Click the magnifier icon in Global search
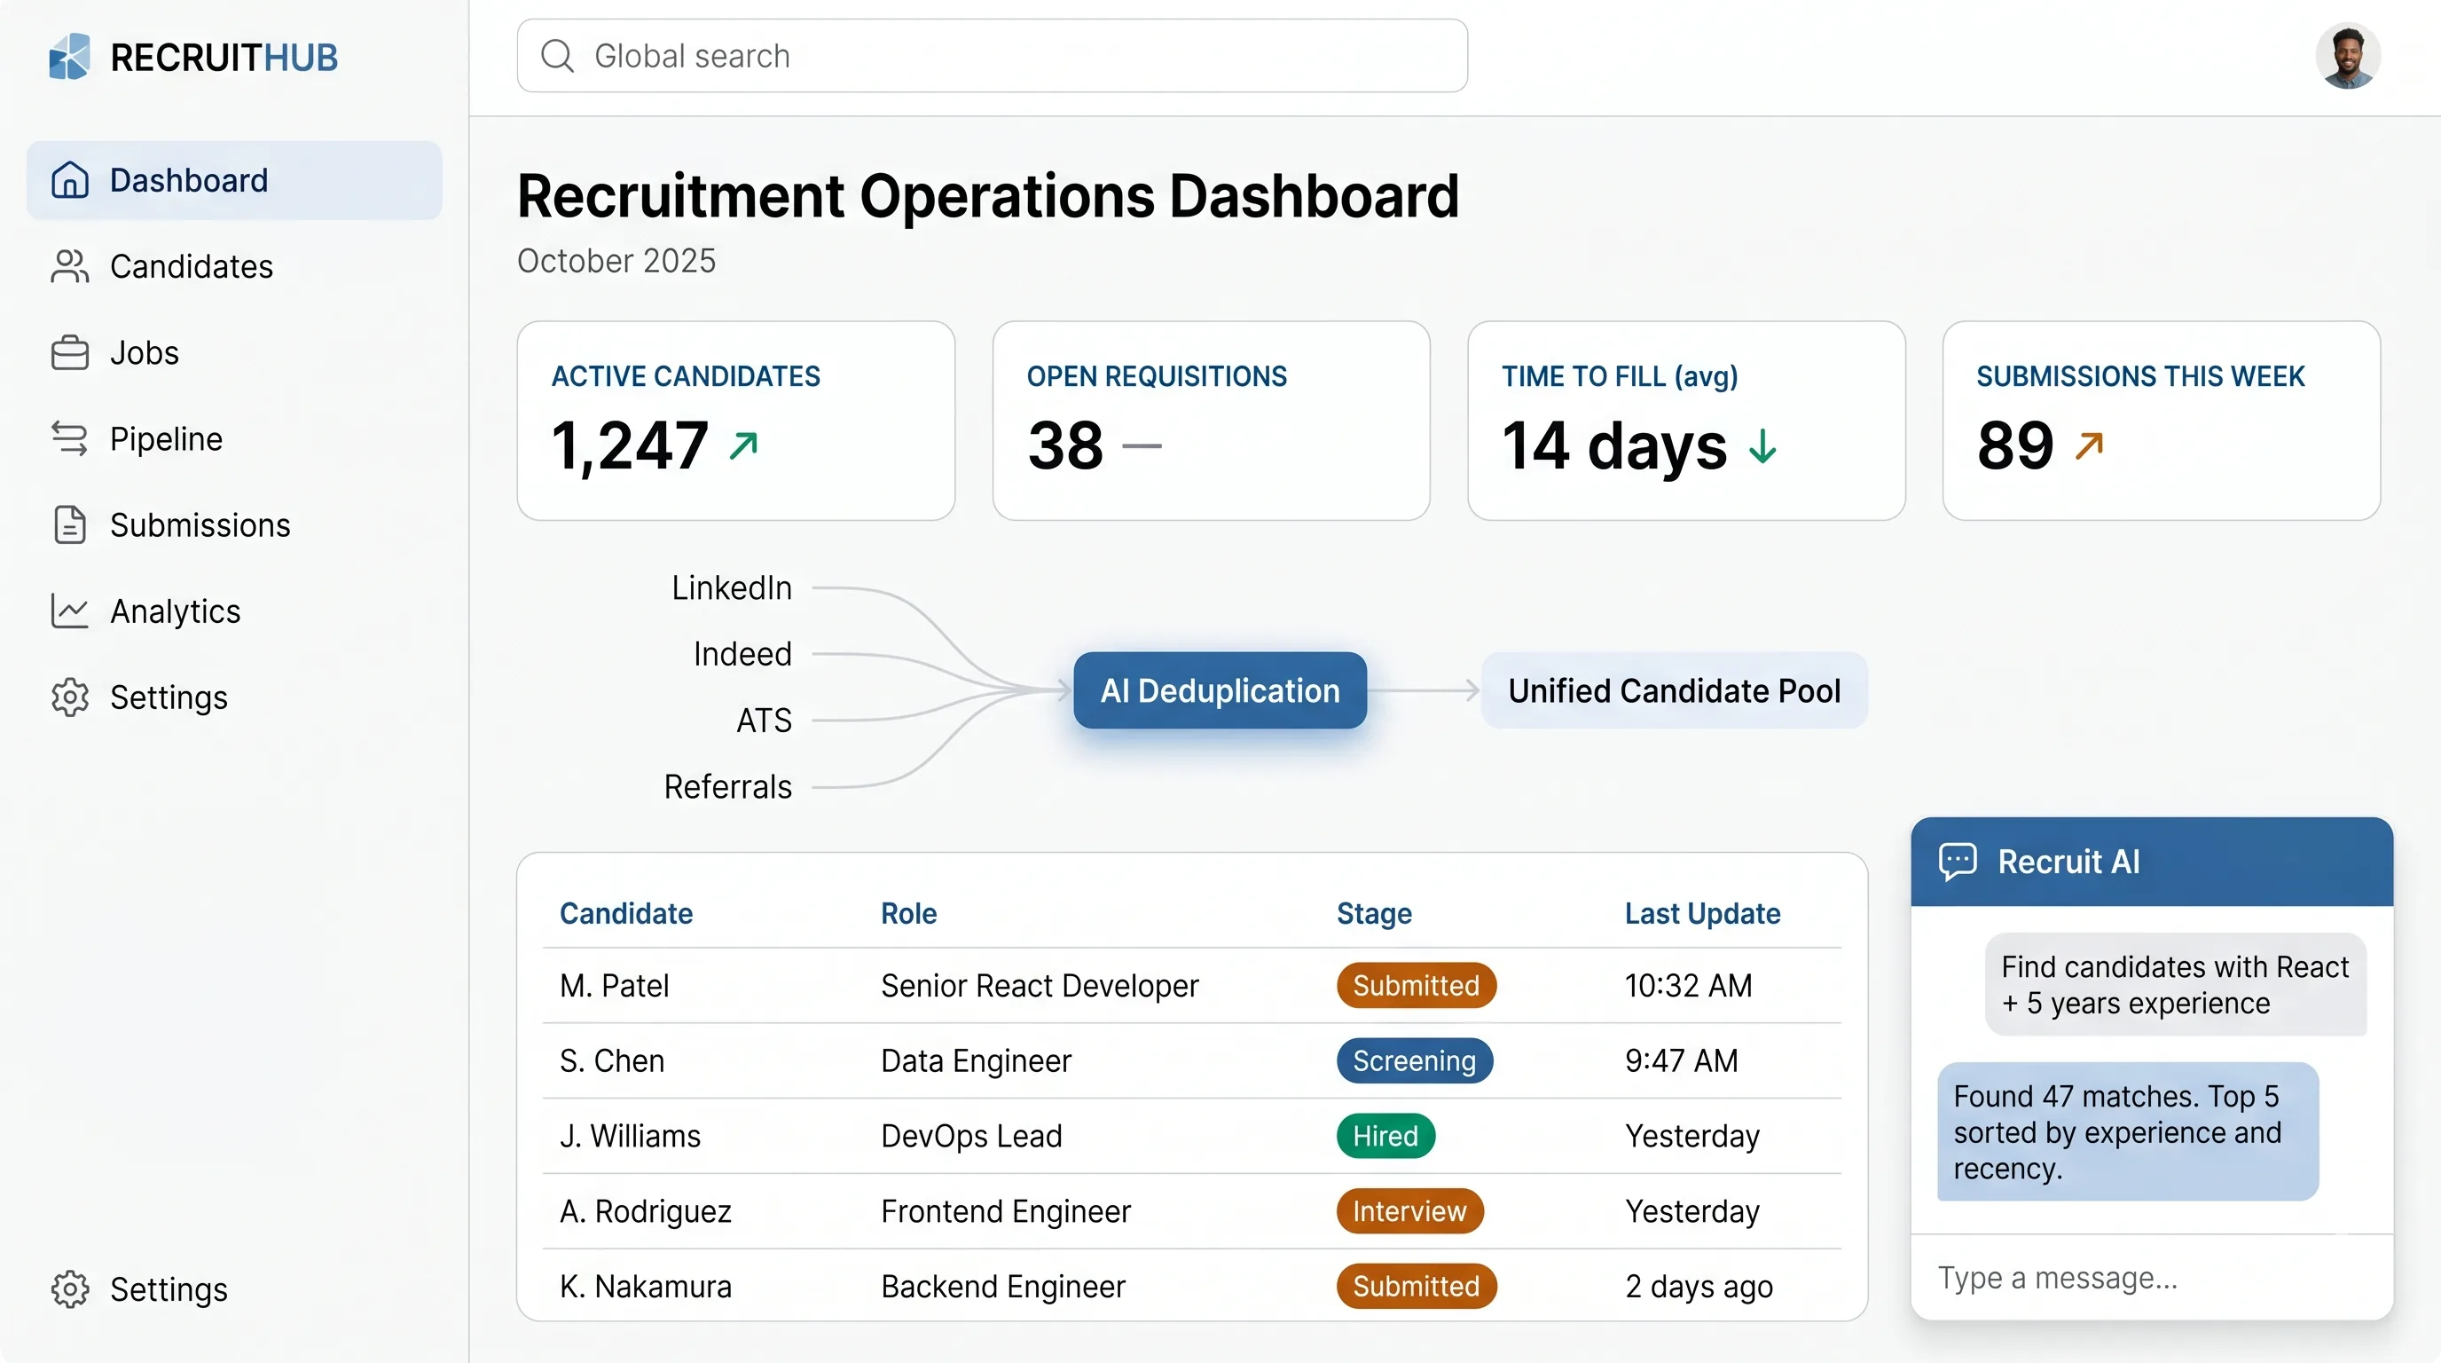557,56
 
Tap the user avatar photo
2347,56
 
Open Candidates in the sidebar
191,267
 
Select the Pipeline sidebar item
166,440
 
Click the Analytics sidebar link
175,611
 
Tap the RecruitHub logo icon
69,57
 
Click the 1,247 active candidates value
630,445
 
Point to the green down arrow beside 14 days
1762,445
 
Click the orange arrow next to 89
2089,445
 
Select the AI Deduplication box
1220,691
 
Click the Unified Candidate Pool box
1674,691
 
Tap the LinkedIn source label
732,588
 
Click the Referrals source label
727,787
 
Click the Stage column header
1374,914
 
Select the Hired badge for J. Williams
1385,1136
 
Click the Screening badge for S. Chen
1414,1060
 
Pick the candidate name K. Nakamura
646,1286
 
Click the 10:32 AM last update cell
1688,986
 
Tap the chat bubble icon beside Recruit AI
1958,862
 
